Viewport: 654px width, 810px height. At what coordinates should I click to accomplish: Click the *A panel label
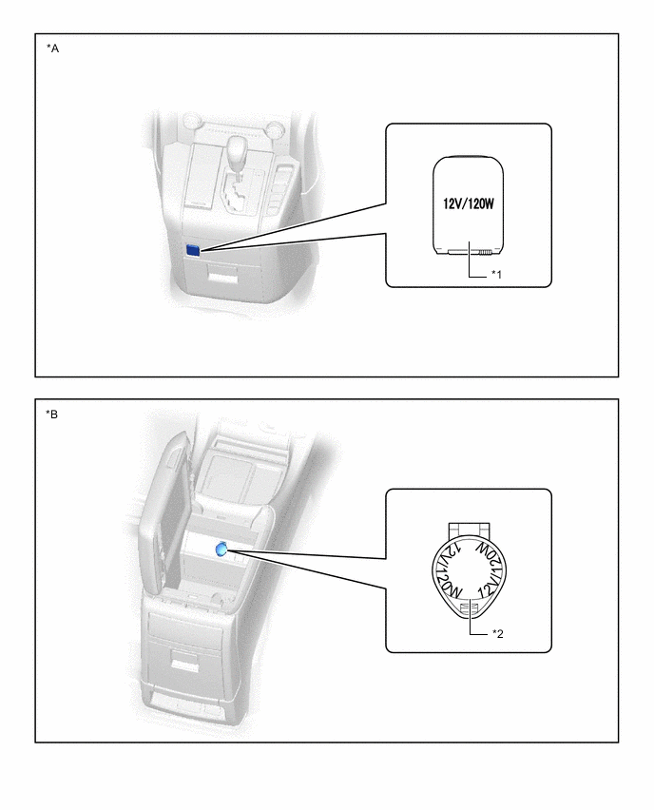52,48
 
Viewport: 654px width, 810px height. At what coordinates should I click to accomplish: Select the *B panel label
52,415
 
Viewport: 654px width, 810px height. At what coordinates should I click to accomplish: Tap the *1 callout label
496,274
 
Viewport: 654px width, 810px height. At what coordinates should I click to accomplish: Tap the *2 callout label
497,633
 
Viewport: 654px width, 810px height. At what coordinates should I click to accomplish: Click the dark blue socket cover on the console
193,251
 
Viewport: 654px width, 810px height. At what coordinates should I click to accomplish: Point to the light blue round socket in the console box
221,550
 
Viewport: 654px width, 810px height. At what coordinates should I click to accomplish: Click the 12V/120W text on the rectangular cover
468,203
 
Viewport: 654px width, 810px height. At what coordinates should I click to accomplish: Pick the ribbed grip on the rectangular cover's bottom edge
485,253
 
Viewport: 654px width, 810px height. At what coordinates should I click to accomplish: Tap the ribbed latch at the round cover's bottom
467,608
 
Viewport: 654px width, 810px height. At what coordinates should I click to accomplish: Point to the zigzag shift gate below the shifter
239,196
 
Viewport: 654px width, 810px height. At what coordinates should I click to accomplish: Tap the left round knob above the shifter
191,120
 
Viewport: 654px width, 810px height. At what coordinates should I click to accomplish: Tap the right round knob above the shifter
274,126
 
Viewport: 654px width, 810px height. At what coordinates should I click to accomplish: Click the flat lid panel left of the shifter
202,175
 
